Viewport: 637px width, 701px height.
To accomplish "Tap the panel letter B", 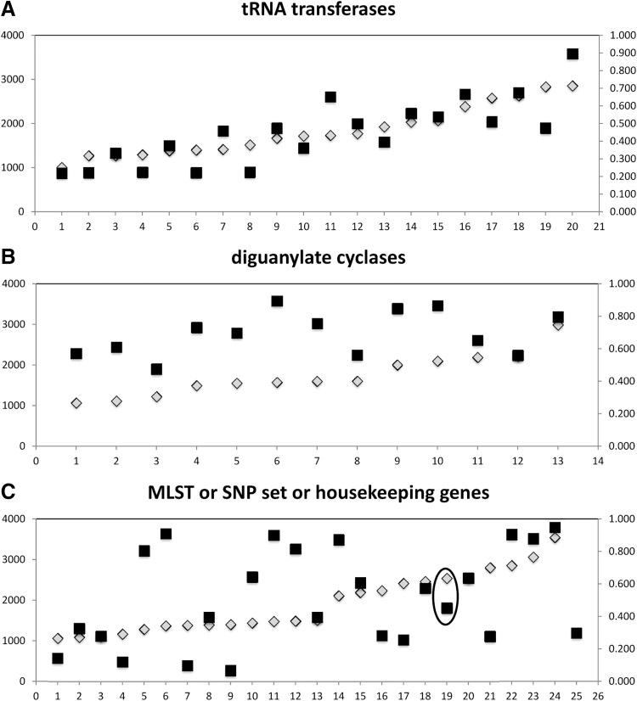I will tap(8, 252).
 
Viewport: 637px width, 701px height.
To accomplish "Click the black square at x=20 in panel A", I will tap(572, 53).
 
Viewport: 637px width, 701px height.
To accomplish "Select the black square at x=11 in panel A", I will tap(330, 97).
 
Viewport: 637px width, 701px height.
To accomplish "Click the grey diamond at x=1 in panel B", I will tap(76, 403).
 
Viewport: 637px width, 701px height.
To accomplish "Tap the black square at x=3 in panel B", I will tap(156, 369).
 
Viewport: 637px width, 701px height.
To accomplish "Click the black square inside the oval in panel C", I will tap(447, 608).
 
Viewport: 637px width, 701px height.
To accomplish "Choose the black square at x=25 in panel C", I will tap(576, 632).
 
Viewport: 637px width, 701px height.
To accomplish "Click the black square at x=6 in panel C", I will tap(166, 534).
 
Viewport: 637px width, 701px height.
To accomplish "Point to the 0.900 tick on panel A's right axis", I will tap(612, 53).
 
